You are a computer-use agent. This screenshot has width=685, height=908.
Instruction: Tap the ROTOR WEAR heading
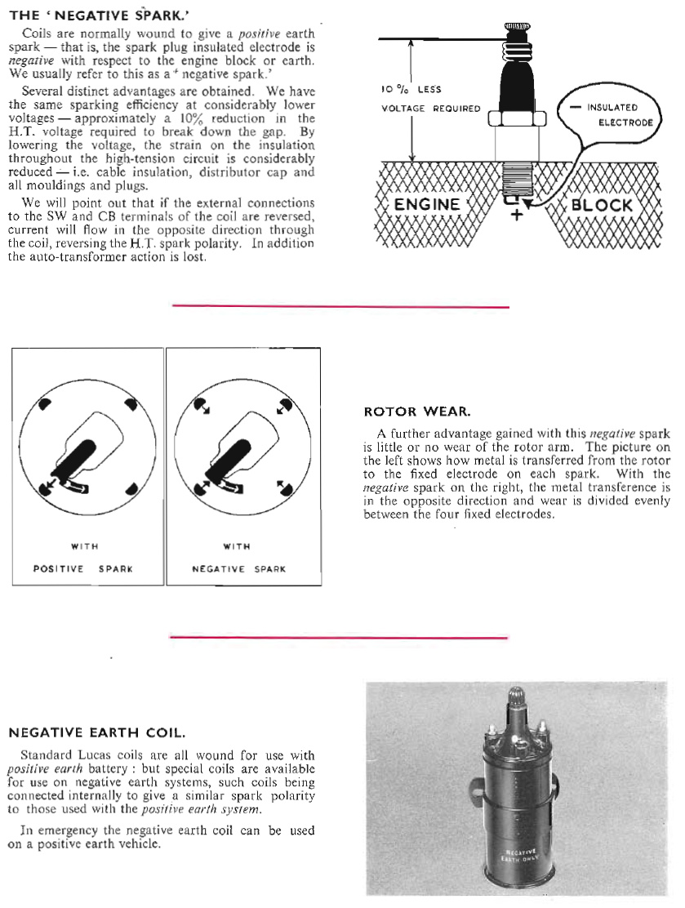coord(414,412)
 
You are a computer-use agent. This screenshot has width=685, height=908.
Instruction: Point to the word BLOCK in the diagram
coord(602,204)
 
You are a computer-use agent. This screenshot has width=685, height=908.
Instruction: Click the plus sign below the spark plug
coord(515,216)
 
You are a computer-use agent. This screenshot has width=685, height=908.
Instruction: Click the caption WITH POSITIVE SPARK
coord(88,558)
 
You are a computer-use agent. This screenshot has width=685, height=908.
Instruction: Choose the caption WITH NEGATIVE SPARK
coord(242,558)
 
